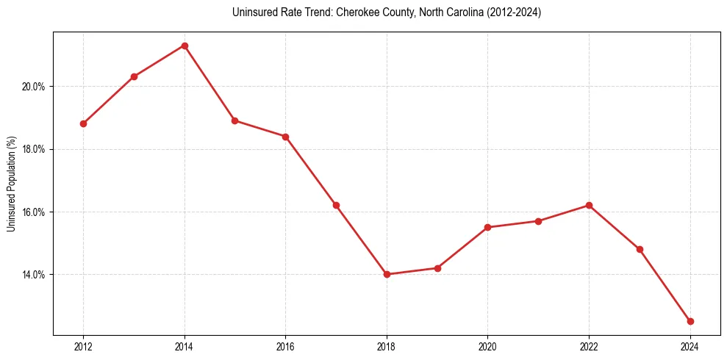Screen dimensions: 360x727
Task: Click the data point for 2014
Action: click(x=185, y=46)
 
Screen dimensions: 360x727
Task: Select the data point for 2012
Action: click(x=83, y=123)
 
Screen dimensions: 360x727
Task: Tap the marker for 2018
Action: click(x=387, y=274)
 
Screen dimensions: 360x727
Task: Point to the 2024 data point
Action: click(x=690, y=321)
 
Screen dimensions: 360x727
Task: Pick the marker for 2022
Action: click(x=589, y=205)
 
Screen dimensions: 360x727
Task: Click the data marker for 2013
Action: click(x=134, y=76)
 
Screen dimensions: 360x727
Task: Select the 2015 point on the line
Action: click(x=234, y=120)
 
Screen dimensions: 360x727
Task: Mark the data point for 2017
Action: click(x=336, y=205)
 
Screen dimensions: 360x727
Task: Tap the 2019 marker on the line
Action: click(x=437, y=268)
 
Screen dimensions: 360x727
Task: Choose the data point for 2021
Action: click(x=538, y=221)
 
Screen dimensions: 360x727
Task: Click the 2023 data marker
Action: click(x=640, y=249)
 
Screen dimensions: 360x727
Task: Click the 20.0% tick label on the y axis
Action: click(x=34, y=87)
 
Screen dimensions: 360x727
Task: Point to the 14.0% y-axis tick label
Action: click(x=34, y=275)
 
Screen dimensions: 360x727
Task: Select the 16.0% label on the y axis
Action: click(x=34, y=212)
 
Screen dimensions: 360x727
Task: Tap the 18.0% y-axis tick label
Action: click(x=34, y=149)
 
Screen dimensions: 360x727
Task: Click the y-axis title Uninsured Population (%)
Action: click(x=12, y=184)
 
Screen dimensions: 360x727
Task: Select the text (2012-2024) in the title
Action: click(x=512, y=13)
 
